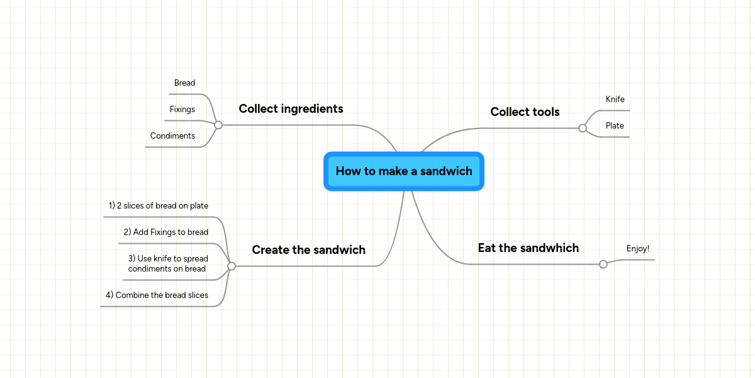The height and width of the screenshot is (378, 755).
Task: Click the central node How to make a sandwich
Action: click(403, 171)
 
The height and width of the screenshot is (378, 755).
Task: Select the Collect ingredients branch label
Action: click(291, 109)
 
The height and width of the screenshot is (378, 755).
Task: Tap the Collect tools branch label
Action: click(525, 112)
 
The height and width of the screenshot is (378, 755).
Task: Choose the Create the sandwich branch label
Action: click(308, 250)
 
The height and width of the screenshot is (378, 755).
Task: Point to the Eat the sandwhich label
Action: click(528, 248)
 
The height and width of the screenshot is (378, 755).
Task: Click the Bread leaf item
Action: click(184, 83)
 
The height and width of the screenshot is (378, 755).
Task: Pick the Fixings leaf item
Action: click(182, 110)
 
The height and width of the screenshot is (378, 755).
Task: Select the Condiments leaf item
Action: click(172, 136)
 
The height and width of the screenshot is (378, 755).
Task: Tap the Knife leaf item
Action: click(615, 100)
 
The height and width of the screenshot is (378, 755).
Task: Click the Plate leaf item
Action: click(615, 126)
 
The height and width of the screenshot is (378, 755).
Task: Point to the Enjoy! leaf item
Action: click(637, 249)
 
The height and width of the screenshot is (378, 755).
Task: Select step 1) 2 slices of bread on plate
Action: click(159, 206)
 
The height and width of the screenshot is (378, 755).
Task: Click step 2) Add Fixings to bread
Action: click(166, 232)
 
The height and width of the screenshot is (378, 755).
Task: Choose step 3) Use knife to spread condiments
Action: click(167, 263)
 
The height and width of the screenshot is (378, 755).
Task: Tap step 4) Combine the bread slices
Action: click(157, 295)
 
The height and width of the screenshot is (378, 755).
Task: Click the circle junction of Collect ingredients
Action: click(218, 125)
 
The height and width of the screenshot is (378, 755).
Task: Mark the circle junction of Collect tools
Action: click(583, 128)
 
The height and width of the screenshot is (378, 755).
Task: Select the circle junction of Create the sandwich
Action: click(232, 266)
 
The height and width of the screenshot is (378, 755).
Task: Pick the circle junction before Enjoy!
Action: click(603, 264)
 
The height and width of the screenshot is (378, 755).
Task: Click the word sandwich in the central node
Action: click(446, 171)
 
